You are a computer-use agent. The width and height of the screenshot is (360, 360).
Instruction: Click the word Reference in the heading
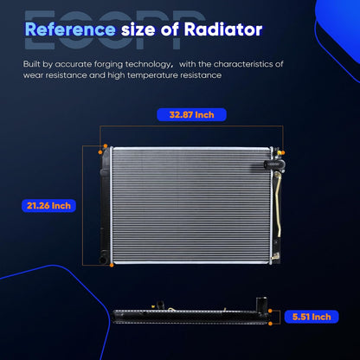pos(70,29)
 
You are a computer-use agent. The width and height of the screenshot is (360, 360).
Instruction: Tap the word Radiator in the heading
pos(223,29)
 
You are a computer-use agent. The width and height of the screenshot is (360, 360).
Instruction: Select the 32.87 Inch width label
pos(191,115)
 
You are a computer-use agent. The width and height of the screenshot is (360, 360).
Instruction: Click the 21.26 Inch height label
pos(48,206)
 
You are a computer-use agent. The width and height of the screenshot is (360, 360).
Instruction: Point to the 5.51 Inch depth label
pos(312,317)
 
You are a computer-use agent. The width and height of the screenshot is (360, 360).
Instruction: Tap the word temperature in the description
pos(152,75)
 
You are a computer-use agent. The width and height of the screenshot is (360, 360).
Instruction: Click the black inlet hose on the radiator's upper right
pos(274,164)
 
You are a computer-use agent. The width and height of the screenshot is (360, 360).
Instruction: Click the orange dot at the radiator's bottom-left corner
pos(112,265)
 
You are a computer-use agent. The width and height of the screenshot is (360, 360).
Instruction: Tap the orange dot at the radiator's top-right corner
pos(283,152)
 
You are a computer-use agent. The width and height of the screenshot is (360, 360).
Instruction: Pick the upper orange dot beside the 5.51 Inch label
pos(270,311)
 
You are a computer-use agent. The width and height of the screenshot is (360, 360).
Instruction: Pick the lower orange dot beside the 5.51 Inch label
pos(270,324)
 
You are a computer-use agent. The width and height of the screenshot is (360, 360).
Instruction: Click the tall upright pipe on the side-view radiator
pos(261,304)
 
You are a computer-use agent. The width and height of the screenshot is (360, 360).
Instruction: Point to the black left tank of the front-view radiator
pos(105,205)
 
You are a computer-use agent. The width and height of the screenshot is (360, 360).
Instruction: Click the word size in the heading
pos(138,29)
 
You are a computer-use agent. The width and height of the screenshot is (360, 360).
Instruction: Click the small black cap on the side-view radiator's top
pos(160,305)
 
